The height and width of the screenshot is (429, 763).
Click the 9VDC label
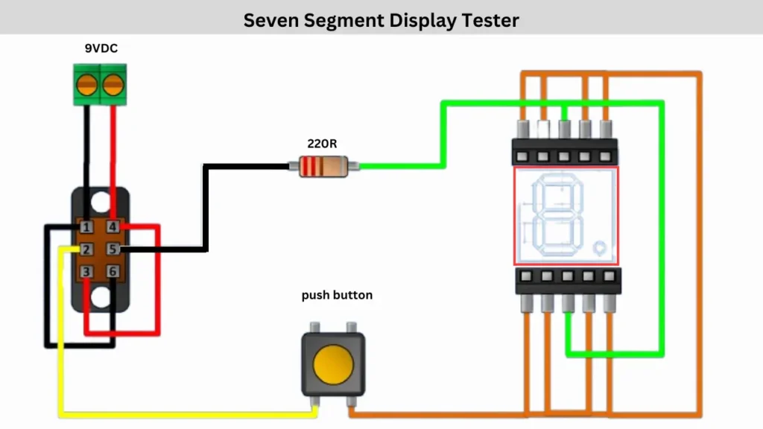click(101, 48)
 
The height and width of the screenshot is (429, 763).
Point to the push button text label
click(337, 296)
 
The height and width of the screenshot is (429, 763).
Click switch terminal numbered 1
click(87, 227)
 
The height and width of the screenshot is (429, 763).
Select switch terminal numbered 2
click(87, 250)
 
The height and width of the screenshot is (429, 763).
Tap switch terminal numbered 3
click(87, 272)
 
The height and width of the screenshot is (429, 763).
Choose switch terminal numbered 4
click(113, 227)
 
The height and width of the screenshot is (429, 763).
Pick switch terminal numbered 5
click(113, 250)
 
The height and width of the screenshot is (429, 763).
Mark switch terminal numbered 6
click(113, 272)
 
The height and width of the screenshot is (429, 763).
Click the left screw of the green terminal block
click(87, 85)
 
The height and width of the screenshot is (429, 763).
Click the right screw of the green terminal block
click(113, 85)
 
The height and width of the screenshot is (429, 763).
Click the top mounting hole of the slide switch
click(101, 203)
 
